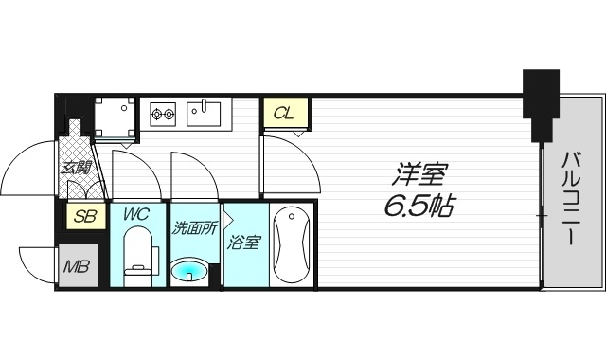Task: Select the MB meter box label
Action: click(x=76, y=265)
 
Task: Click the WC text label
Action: click(x=136, y=215)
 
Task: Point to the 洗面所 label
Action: click(x=194, y=227)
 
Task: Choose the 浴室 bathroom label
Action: click(x=244, y=243)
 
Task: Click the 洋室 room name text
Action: click(x=421, y=173)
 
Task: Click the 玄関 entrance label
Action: click(x=76, y=169)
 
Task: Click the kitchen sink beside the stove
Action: click(x=203, y=114)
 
